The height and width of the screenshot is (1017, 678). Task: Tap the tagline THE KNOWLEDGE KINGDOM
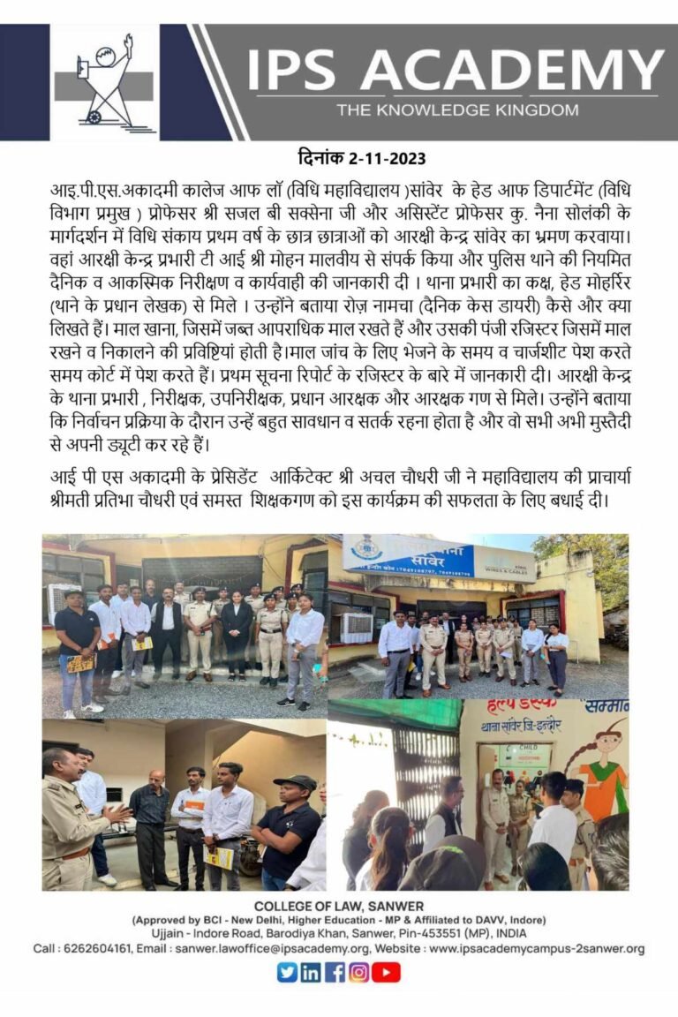(x=456, y=110)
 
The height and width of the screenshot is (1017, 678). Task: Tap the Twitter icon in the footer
(x=287, y=972)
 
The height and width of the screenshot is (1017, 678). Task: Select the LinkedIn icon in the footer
(x=311, y=972)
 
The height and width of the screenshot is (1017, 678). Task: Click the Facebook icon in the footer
(x=335, y=972)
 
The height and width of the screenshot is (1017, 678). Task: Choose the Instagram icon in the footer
(x=358, y=972)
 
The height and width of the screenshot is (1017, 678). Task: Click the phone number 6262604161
(x=102, y=949)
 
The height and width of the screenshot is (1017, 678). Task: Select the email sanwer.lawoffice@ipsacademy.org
(x=271, y=949)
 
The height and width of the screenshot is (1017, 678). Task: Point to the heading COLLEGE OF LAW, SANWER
(x=339, y=907)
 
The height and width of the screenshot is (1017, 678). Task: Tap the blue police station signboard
(x=408, y=556)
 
